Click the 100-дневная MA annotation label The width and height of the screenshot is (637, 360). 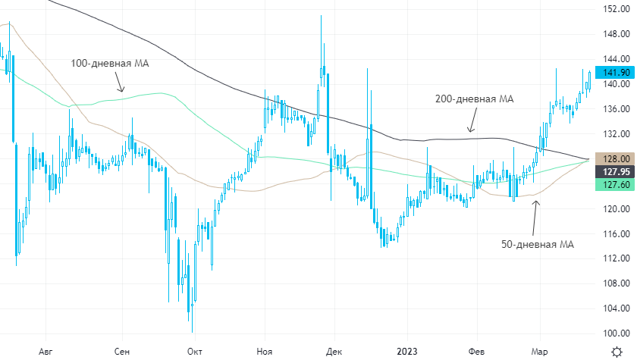pos(110,64)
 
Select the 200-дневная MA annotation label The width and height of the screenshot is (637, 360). pos(475,99)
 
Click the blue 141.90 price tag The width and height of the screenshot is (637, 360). pos(614,72)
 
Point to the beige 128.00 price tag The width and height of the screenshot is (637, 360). pos(614,158)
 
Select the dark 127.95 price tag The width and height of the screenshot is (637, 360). pos(614,171)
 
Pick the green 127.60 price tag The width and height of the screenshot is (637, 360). pos(614,184)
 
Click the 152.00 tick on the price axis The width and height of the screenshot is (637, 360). pos(615,9)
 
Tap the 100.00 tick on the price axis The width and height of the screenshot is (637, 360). pos(615,333)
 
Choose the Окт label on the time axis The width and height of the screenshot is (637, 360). pos(194,351)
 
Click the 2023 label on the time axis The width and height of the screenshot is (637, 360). pos(406,351)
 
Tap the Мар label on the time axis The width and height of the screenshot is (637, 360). pos(539,351)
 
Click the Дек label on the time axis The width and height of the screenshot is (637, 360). pos(333,351)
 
